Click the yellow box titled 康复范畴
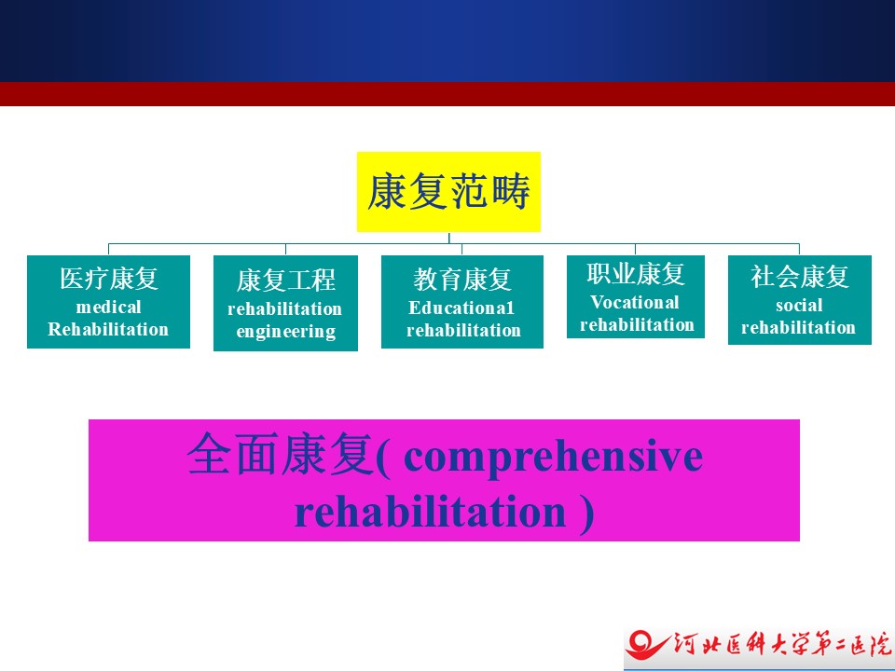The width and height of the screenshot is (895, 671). point(448,192)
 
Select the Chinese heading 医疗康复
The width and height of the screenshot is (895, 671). point(108,279)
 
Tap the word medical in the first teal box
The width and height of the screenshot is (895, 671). point(108,307)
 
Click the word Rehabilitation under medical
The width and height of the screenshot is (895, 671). point(108,329)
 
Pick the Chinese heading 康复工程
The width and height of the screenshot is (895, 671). point(285,281)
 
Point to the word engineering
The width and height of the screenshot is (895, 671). point(285,332)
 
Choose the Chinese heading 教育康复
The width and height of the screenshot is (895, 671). point(462,280)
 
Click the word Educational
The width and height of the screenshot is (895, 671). point(461,308)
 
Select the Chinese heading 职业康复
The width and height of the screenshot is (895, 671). point(635,274)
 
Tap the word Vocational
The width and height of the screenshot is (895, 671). point(635,302)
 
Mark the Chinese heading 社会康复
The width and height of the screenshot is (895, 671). point(799,277)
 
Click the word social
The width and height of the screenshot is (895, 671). point(799,306)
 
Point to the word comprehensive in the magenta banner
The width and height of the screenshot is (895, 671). point(553,458)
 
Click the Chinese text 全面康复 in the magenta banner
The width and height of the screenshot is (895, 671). point(281,454)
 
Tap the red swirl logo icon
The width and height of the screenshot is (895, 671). point(645,645)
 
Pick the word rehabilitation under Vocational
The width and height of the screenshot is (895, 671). point(637,324)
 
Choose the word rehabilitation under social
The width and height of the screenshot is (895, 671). point(799,327)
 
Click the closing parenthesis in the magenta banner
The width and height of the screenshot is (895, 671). point(586,514)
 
